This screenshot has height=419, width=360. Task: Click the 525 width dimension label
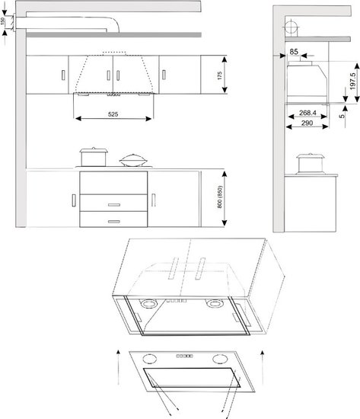(113, 114)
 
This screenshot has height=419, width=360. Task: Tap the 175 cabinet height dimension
(219, 75)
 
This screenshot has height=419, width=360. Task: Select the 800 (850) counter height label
(219, 197)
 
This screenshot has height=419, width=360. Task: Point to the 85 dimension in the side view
(294, 52)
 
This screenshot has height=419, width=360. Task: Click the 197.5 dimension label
(352, 81)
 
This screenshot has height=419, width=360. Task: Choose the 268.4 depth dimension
(307, 113)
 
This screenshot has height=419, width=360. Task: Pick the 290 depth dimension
(307, 123)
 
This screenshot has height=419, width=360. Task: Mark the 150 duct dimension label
(3, 21)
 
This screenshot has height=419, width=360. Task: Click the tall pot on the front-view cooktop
(94, 157)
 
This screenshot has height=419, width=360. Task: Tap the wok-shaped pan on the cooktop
(133, 160)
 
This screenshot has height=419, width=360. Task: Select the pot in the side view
(310, 164)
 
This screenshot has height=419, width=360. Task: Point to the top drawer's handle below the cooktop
(114, 205)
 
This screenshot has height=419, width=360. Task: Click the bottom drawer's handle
(114, 222)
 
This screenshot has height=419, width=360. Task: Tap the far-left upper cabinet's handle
(63, 75)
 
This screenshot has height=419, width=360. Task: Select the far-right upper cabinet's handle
(164, 75)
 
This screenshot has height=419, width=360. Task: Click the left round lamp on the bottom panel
(150, 359)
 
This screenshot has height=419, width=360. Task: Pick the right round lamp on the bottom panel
(220, 359)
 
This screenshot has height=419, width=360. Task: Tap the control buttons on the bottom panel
(184, 356)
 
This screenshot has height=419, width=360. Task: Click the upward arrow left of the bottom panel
(118, 367)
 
